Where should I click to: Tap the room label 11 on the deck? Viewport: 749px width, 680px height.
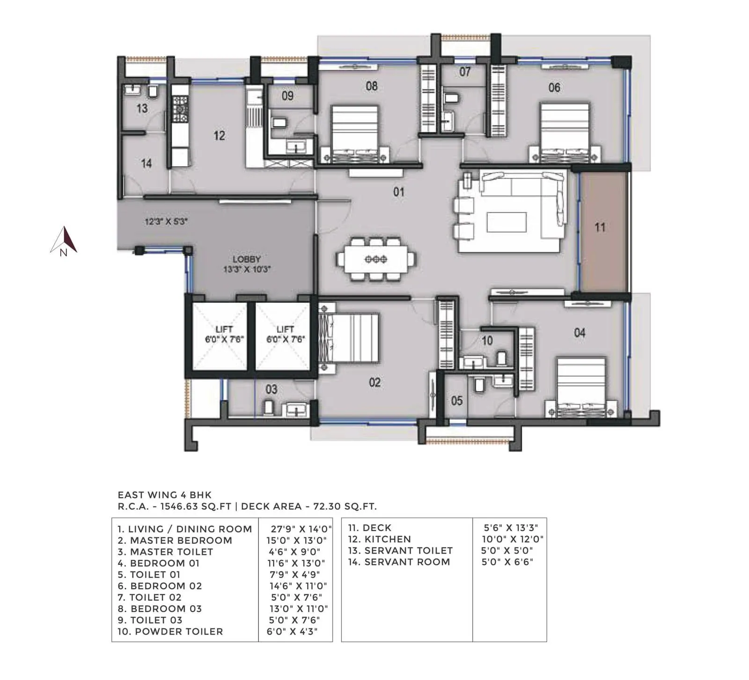(600, 228)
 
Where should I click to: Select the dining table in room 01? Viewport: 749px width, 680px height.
(375, 259)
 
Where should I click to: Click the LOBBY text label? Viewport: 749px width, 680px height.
(247, 259)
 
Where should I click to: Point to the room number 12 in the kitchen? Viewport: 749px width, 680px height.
(219, 136)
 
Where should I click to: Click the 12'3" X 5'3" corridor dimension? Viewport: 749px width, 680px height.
(166, 221)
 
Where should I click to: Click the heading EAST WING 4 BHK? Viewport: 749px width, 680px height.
(164, 495)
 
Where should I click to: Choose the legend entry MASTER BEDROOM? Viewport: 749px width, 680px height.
(180, 540)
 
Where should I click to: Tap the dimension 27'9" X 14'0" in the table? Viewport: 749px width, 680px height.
(301, 529)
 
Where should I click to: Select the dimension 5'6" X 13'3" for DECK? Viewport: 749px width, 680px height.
(511, 528)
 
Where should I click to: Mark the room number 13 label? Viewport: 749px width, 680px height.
(142, 109)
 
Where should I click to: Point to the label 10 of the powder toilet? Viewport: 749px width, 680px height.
(487, 340)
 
